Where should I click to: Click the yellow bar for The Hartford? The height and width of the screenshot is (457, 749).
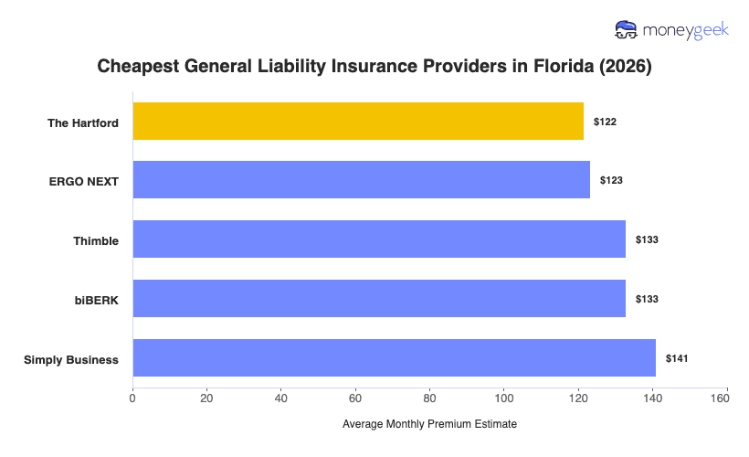(358, 122)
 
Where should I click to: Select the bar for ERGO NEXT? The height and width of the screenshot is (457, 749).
(361, 180)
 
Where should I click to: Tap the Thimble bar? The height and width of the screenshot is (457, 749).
(379, 239)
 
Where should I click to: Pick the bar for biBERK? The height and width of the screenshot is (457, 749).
(379, 299)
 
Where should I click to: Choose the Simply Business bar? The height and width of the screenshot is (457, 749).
(394, 358)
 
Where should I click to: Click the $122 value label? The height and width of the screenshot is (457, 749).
(605, 122)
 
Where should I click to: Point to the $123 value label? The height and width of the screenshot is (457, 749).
(611, 180)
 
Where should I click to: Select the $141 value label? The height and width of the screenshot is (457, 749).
(677, 358)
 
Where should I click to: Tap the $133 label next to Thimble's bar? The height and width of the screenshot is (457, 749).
(647, 239)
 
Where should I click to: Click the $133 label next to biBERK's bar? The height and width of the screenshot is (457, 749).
(647, 299)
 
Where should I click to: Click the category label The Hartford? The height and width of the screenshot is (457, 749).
(83, 122)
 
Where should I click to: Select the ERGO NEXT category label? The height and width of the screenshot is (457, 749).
(83, 181)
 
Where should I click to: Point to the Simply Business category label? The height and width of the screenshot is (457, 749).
(71, 359)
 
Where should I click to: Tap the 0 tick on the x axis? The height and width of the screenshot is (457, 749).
(133, 398)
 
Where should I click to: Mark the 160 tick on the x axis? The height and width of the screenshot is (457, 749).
(726, 398)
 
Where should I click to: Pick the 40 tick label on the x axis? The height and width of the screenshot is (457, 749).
(281, 398)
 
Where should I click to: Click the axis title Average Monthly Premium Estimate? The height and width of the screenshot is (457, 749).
(429, 424)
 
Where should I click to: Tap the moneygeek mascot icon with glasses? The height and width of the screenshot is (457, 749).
(628, 29)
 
